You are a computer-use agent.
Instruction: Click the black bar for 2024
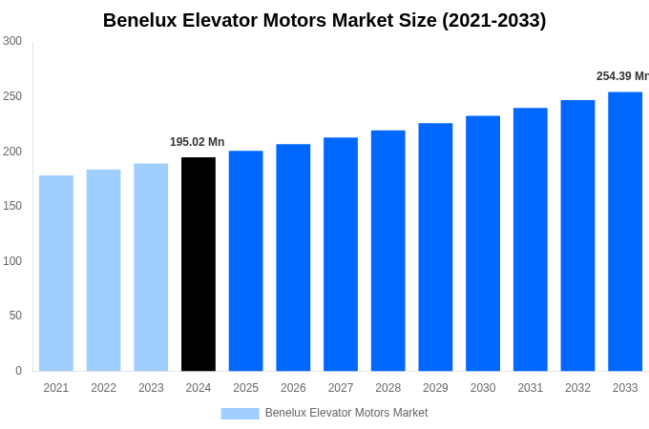coord(199,264)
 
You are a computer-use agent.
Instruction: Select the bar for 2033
coord(625,232)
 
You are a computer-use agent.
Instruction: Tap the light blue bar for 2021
coord(56,273)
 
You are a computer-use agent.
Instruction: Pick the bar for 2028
coord(387,251)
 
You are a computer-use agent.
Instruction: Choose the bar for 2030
coord(483,243)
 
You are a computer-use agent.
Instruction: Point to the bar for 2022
coord(103,270)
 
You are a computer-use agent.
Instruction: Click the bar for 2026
coord(293,257)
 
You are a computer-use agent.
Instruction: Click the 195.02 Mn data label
coord(197,142)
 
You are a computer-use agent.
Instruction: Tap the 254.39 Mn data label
coord(622,76)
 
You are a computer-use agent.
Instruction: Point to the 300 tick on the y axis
coord(12,41)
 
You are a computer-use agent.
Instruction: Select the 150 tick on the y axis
coord(12,206)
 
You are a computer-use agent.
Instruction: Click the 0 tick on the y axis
coord(18,371)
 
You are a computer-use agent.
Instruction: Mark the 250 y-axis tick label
coord(12,96)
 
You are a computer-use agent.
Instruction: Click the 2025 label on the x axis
coord(245,388)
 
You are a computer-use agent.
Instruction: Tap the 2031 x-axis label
coord(530,388)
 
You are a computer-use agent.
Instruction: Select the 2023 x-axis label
coord(151,388)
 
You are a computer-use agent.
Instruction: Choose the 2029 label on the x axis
coord(435,388)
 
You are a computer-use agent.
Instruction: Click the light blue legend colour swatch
coord(240,413)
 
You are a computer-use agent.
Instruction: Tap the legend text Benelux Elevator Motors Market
coord(346,413)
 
